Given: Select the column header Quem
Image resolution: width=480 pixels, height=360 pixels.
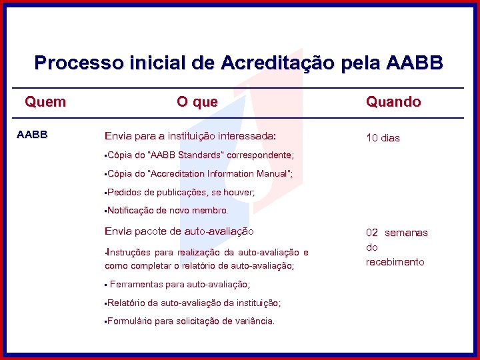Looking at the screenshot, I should tap(45, 102).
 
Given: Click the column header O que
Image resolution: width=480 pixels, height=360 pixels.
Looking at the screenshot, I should tap(197, 102).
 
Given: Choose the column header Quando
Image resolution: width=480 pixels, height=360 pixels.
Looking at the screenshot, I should tap(393, 102).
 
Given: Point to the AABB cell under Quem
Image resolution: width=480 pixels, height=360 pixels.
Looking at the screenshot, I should tap(32, 135).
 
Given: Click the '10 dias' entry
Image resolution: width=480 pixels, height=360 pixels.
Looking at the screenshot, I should tap(383, 138).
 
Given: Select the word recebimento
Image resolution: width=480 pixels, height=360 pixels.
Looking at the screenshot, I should tap(395, 262).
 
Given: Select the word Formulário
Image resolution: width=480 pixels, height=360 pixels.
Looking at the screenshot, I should tap(129, 321).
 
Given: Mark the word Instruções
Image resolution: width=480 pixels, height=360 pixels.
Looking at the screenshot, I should tap(129, 253).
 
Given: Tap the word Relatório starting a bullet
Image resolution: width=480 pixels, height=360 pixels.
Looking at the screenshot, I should tap(127, 303).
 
